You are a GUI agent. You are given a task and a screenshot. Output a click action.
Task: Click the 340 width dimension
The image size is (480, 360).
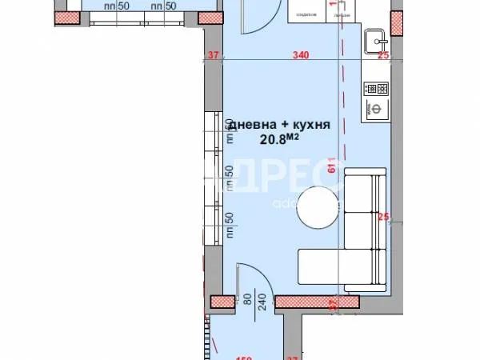coord(301,55)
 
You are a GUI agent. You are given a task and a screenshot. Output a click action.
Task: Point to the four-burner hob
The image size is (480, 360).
coord(376,87)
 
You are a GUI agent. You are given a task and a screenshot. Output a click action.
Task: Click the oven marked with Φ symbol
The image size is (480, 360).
coord(375,109)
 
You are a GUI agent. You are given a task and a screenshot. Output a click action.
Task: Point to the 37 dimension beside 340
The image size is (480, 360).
coord(212,55)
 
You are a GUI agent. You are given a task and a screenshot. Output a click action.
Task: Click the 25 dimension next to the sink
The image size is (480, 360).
coord(383,55)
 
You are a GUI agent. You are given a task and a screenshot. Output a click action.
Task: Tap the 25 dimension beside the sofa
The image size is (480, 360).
coord(383,217)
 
